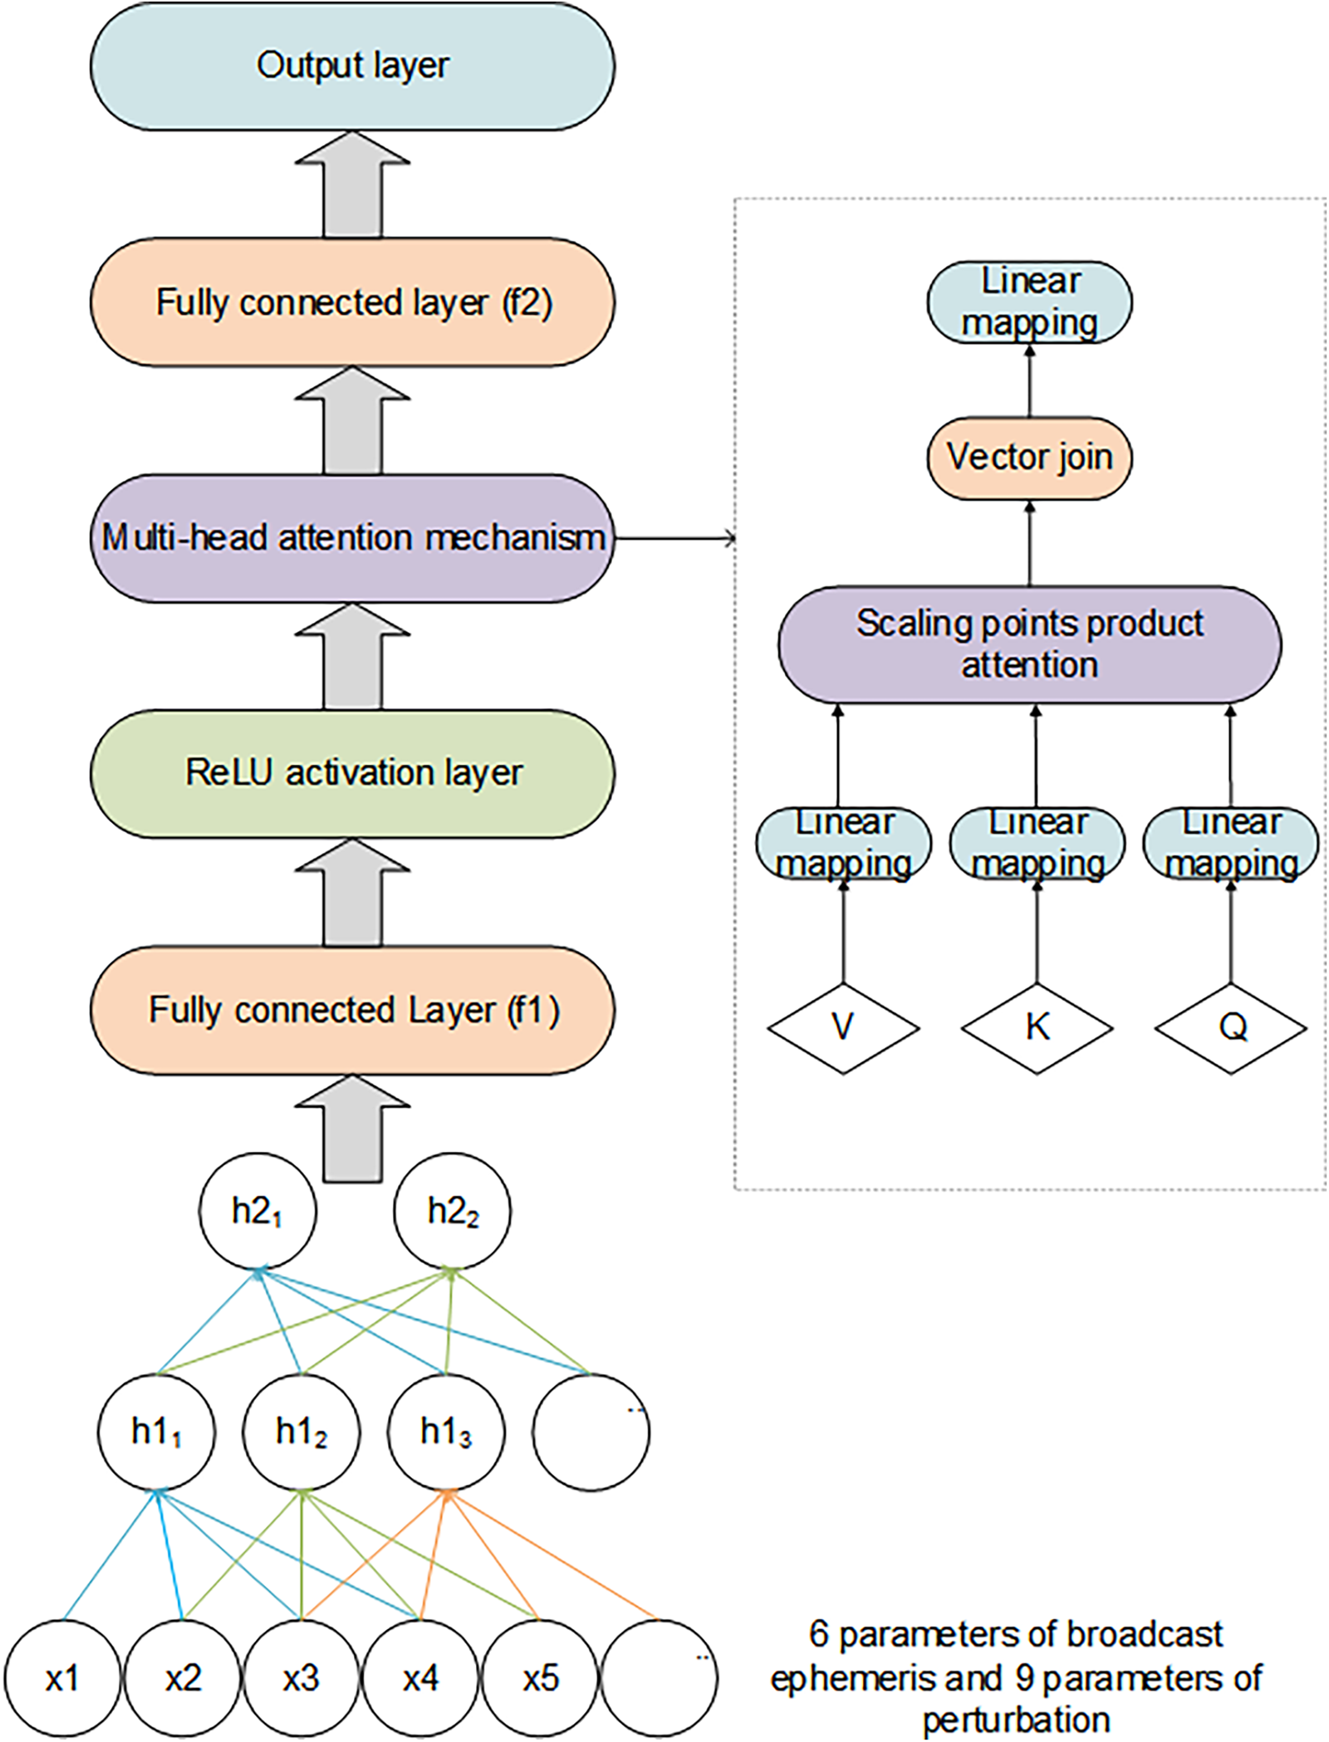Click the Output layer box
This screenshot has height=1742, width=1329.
(352, 66)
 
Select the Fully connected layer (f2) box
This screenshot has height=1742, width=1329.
(352, 302)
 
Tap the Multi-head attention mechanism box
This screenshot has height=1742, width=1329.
(352, 538)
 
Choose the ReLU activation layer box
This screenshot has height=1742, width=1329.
(352, 773)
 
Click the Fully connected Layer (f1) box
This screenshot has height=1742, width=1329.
(352, 1010)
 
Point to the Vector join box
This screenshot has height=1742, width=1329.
(1029, 458)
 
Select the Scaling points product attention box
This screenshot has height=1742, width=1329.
(1029, 644)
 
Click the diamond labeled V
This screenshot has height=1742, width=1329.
(843, 1028)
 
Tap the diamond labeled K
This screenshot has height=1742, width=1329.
(1037, 1028)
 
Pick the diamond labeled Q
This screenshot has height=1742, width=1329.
(1231, 1028)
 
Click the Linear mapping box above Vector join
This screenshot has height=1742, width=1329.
(1029, 302)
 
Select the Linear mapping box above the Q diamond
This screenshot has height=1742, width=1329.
(1231, 844)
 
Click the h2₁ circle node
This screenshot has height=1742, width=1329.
(257, 1211)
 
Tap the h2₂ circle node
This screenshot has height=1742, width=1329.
(452, 1211)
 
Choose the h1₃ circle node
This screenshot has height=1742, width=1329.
(446, 1432)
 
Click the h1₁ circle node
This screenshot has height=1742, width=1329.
(156, 1432)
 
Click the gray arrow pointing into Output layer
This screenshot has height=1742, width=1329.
(352, 184)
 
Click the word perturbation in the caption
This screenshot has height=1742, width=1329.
(1016, 1720)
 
